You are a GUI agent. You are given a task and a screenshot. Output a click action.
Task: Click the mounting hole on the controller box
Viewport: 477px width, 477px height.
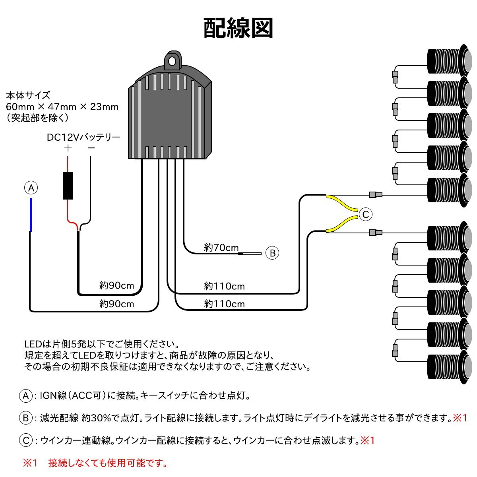[x=172, y=61]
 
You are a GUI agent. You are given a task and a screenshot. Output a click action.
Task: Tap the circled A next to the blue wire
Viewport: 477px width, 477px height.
[x=31, y=188]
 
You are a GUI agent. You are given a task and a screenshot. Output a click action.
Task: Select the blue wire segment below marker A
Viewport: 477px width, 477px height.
[x=31, y=215]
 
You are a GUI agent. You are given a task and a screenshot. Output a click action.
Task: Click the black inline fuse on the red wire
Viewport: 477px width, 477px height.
[x=68, y=186]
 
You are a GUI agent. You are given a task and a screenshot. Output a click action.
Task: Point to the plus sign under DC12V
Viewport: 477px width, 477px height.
[x=68, y=148]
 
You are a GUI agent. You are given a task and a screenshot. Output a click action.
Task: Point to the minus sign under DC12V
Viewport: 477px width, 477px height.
[x=91, y=148]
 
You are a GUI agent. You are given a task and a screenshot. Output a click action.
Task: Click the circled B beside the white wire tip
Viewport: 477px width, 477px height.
[x=272, y=253]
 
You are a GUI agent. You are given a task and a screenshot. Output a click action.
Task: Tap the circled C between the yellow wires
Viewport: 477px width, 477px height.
[x=365, y=215]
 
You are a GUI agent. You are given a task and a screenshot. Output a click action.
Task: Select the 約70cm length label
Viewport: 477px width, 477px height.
[x=221, y=248]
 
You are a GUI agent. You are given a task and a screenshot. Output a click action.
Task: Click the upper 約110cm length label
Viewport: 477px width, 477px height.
[x=224, y=286]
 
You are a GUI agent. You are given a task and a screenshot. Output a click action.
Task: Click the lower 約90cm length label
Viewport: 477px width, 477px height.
[x=116, y=304]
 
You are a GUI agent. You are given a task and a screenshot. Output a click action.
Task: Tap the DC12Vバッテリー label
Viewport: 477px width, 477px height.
[x=83, y=138]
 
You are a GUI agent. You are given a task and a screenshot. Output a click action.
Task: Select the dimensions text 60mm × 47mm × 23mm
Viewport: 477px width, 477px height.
[x=62, y=107]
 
